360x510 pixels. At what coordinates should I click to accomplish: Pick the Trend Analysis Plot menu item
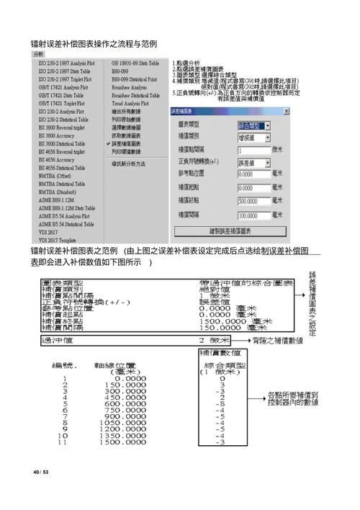tap(130, 104)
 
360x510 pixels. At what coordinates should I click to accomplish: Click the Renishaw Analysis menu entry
tap(130, 87)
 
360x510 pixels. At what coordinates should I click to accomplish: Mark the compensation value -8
tap(222, 403)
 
